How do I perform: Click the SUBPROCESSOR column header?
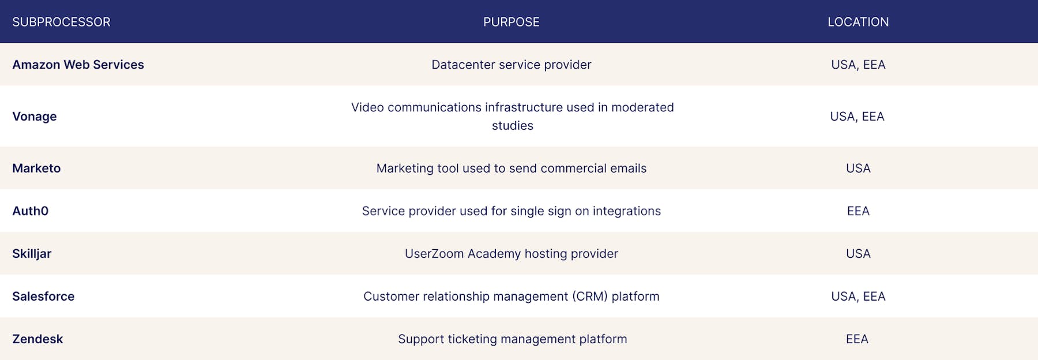(61, 22)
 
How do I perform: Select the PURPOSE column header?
(512, 22)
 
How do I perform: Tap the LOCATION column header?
(858, 22)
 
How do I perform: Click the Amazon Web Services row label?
(78, 65)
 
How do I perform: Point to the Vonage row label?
(35, 117)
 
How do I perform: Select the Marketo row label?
(36, 168)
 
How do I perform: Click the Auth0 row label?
(31, 211)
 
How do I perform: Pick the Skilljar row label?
(32, 254)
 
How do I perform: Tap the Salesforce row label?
(43, 297)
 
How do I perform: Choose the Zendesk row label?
(37, 339)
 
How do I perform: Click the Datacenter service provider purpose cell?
(512, 65)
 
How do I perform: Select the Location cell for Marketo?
(858, 168)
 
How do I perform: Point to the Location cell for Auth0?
(858, 211)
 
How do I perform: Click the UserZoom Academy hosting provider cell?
(512, 254)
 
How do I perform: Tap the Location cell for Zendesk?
(858, 339)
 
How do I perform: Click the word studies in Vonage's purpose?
(513, 126)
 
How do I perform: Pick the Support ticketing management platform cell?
(513, 339)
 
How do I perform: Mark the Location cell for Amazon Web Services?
(858, 65)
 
